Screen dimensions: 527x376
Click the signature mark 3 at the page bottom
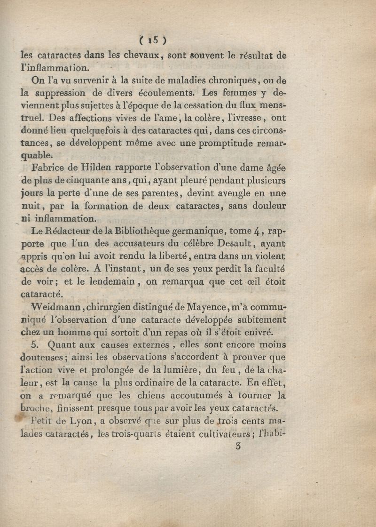pyautogui.click(x=239, y=447)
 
